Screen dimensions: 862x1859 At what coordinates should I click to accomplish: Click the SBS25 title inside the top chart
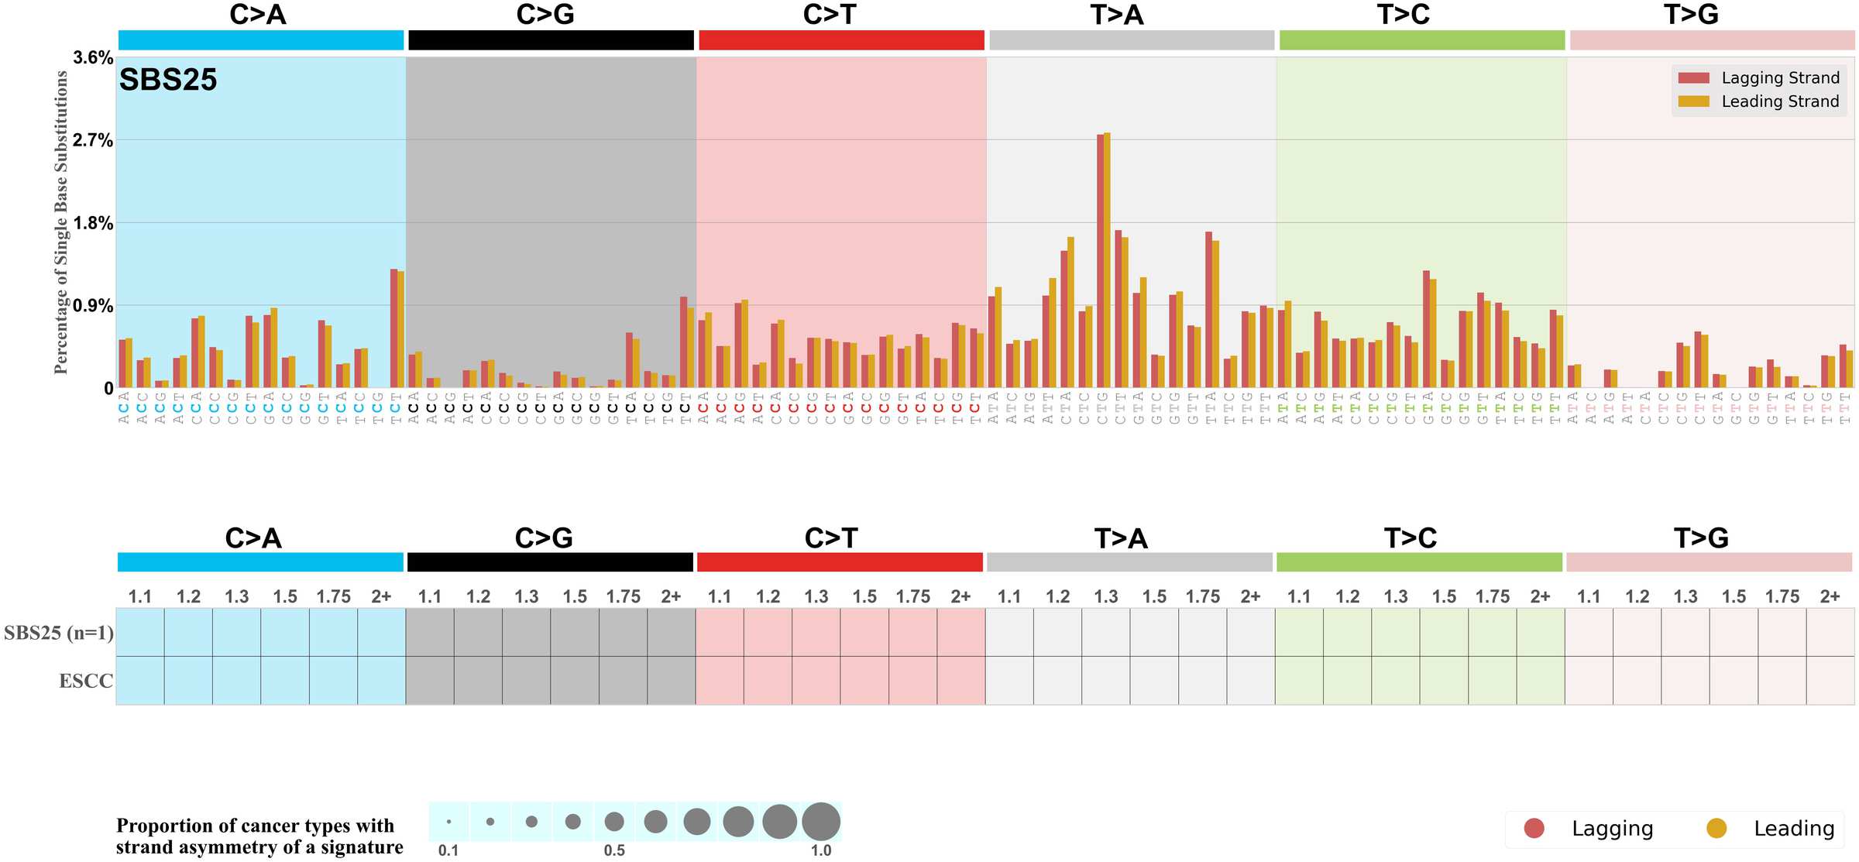(168, 80)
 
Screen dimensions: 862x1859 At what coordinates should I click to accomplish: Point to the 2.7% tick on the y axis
(93, 140)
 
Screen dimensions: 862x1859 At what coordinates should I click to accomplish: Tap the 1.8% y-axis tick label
(93, 223)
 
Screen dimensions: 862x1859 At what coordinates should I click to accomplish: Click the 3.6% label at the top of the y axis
(93, 57)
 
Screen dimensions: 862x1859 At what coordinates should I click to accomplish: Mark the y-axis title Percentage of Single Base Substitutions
(61, 222)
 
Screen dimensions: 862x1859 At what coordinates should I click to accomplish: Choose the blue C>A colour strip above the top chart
(261, 40)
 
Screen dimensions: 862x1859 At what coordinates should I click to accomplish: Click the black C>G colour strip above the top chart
(551, 40)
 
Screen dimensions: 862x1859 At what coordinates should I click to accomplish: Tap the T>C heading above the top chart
(1403, 15)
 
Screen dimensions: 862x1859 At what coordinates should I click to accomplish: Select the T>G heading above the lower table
(1701, 537)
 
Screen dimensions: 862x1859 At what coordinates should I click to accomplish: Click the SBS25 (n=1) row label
(59, 633)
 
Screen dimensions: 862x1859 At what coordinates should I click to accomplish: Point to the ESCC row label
(86, 681)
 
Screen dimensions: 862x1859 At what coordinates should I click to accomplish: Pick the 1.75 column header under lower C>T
(912, 596)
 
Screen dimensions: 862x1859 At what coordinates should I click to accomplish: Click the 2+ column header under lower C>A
(381, 596)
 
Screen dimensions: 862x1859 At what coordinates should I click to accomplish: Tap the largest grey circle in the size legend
(821, 822)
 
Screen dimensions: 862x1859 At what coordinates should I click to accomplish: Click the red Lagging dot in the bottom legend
(1534, 828)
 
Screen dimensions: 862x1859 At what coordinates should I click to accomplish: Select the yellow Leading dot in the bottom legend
(1716, 828)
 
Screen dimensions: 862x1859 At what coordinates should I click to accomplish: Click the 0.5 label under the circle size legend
(614, 850)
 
